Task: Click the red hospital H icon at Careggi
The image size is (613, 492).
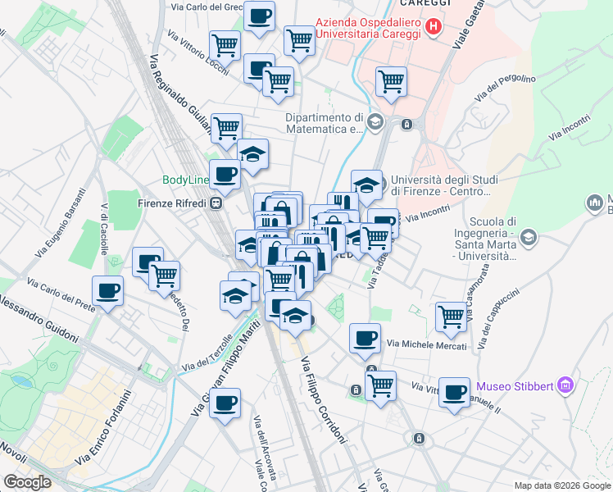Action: coord(434,27)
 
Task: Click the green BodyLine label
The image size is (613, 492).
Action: coord(188,180)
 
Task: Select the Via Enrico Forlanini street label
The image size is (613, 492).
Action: coord(103,427)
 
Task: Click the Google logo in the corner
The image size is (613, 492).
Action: coord(28,482)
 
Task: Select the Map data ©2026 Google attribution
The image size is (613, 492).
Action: coord(562,485)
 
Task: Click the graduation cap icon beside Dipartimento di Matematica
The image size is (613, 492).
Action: coord(375,123)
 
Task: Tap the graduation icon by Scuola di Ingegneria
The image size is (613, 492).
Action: coord(529,238)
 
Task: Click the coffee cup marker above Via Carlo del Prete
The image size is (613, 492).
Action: coord(108,289)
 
